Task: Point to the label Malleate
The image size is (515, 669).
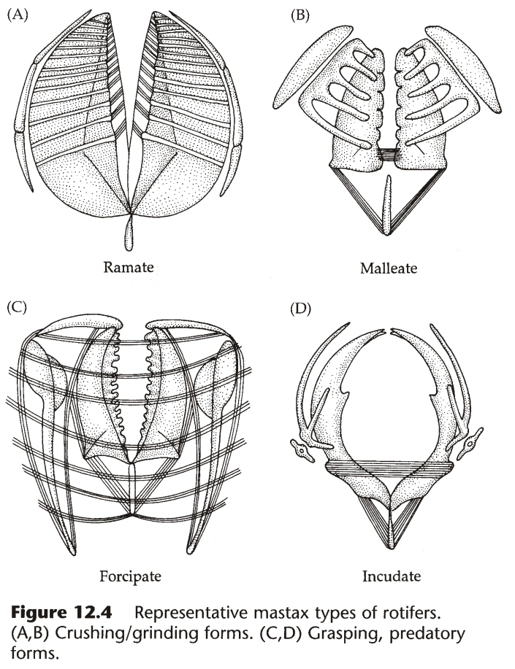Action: click(x=389, y=268)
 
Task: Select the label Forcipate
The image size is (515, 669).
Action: click(x=130, y=576)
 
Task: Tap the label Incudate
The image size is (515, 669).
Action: click(x=392, y=576)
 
